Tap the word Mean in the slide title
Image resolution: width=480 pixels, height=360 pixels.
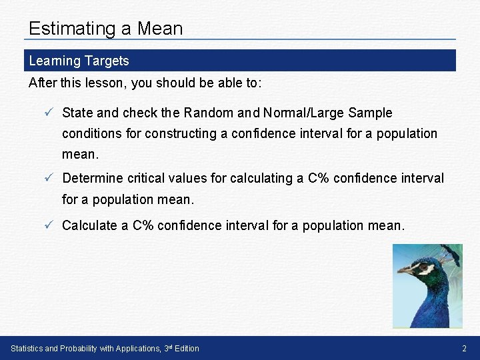pos(159,29)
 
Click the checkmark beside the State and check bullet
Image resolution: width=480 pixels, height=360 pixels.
pos(49,113)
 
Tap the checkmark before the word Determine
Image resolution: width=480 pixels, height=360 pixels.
pos(49,178)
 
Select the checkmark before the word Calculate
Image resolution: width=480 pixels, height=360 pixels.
pos(49,225)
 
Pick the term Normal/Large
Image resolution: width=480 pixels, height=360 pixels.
pos(296,113)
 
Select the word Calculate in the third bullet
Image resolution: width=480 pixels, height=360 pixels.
pos(89,225)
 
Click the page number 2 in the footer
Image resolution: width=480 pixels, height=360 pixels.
pos(465,348)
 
